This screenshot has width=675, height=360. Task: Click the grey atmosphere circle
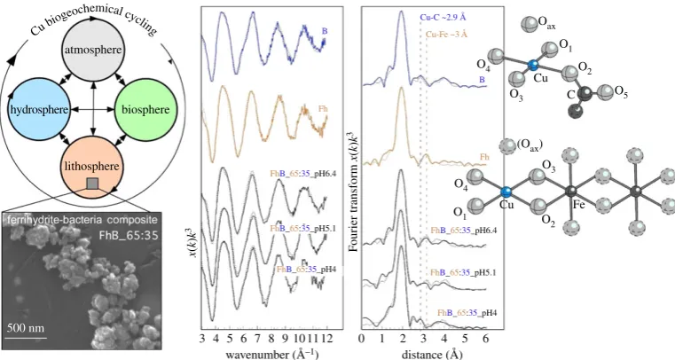[93, 50]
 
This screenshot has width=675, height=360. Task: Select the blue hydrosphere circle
[39, 109]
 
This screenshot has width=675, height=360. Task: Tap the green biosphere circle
[145, 109]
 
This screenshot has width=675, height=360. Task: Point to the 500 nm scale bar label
[26, 328]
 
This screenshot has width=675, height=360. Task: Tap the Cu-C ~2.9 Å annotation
[443, 18]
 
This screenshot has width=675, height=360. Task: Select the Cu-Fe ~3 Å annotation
[446, 35]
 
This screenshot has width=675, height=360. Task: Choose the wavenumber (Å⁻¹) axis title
[272, 354]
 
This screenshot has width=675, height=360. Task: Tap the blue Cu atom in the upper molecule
[533, 66]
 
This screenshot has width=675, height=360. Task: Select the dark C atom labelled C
[584, 92]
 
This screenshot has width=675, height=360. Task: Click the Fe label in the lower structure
[579, 205]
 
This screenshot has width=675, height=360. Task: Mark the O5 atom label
[621, 91]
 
